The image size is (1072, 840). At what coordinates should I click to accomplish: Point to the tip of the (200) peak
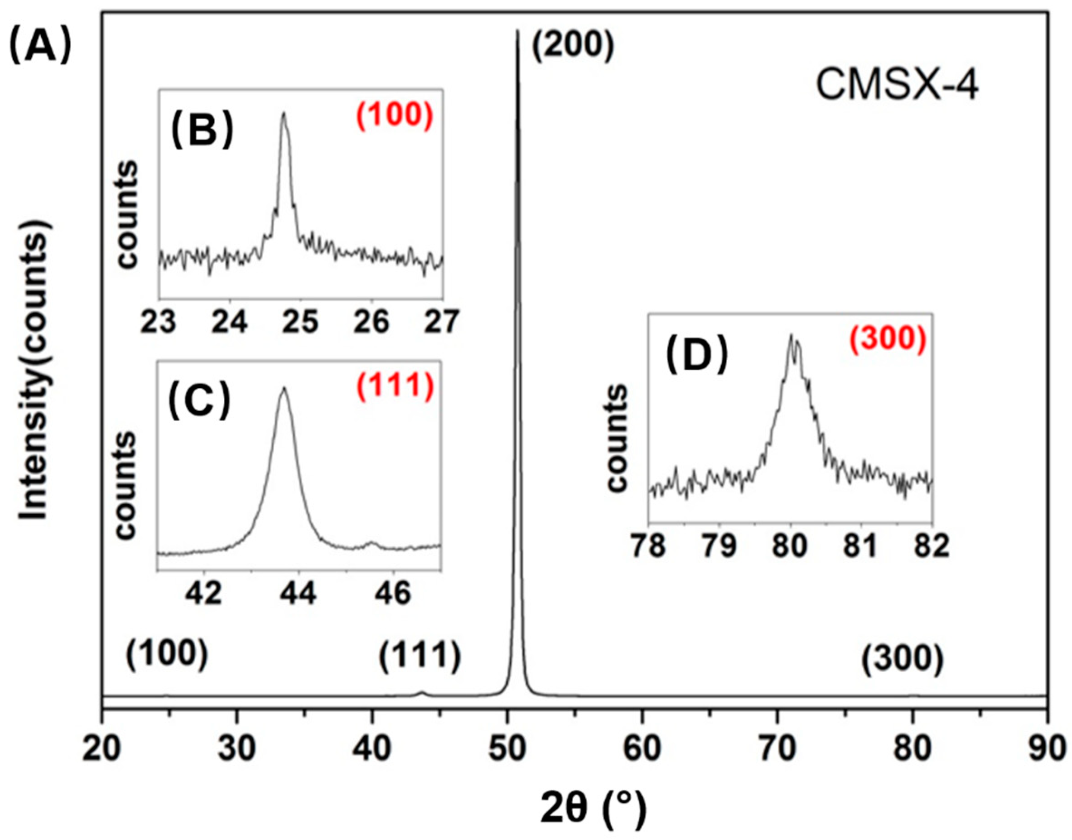pos(517,31)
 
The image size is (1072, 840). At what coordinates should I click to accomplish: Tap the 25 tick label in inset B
pos(301,322)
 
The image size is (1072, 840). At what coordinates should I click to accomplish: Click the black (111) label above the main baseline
pos(420,657)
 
